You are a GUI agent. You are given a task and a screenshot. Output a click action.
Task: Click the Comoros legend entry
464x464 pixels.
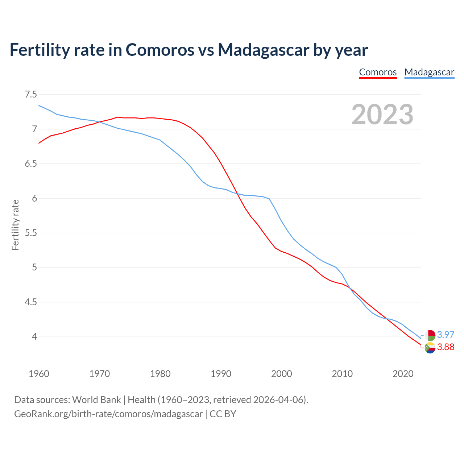pyautogui.click(x=378, y=72)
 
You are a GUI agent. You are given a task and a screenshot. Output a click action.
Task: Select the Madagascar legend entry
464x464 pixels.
pyautogui.click(x=429, y=72)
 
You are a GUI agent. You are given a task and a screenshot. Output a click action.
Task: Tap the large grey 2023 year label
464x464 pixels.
pyautogui.click(x=382, y=115)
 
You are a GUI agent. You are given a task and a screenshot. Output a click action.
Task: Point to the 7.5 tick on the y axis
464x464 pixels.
pyautogui.click(x=31, y=95)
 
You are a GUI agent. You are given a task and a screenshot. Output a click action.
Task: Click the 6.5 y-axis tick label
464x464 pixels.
pyautogui.click(x=31, y=164)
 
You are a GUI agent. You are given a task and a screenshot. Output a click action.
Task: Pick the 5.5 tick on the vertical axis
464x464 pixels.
pyautogui.click(x=31, y=233)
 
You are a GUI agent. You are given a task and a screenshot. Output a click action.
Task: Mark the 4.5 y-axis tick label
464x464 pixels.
pyautogui.click(x=31, y=302)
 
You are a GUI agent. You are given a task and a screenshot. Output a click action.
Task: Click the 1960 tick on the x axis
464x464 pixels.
pyautogui.click(x=39, y=374)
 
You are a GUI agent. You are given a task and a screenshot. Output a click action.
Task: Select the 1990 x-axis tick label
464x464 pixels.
pyautogui.click(x=221, y=374)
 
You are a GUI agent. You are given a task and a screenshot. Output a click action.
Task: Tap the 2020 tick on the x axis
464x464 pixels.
pyautogui.click(x=403, y=374)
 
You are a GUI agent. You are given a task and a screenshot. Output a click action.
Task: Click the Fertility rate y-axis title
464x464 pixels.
pyautogui.click(x=15, y=225)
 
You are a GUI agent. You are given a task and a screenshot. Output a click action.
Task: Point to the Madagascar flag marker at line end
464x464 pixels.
pyautogui.click(x=430, y=335)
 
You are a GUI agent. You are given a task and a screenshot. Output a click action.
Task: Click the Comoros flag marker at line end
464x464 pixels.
pyautogui.click(x=430, y=347)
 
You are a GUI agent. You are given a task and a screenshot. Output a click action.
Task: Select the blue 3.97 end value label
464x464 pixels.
pyautogui.click(x=446, y=335)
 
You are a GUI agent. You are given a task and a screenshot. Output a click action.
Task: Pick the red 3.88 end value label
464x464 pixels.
pyautogui.click(x=446, y=347)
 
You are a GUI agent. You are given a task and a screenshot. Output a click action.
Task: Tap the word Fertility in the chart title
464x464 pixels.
pyautogui.click(x=39, y=50)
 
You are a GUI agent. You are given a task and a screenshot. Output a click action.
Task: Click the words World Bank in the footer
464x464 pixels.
pyautogui.click(x=96, y=400)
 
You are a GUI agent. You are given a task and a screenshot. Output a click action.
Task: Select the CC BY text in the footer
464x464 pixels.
pyautogui.click(x=223, y=414)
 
